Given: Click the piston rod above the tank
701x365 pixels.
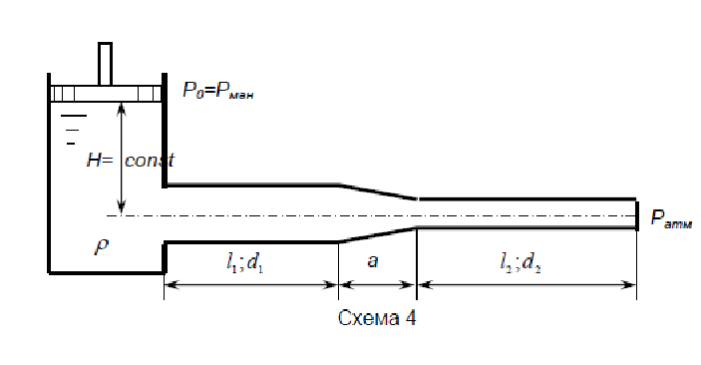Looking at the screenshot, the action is (105, 64).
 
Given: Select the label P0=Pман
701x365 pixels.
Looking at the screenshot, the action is (218, 91).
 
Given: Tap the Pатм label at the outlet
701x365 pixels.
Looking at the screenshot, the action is (671, 218).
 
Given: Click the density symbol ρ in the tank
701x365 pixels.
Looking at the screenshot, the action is (102, 246).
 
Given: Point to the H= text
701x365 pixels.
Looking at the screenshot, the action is (100, 160).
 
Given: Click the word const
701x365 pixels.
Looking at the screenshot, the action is (150, 160).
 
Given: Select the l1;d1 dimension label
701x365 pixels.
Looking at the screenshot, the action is (244, 262).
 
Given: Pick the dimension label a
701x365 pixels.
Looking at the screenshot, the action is (372, 261).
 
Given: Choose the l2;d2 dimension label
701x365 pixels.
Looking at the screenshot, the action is (521, 262).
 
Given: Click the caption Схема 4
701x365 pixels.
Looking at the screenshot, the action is (377, 318).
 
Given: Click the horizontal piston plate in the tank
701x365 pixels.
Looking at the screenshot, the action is (106, 94).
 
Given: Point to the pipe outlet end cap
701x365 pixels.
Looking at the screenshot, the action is (637, 216).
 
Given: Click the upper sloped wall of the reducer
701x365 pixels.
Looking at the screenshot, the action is (378, 191).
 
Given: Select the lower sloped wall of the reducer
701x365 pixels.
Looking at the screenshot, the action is (378, 234).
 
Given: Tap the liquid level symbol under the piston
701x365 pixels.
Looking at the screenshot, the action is (73, 130).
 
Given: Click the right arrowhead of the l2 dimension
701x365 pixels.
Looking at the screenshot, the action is (628, 285).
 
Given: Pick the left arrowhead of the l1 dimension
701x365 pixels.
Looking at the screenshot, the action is (173, 285).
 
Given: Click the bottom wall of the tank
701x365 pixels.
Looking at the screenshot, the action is (107, 271).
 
